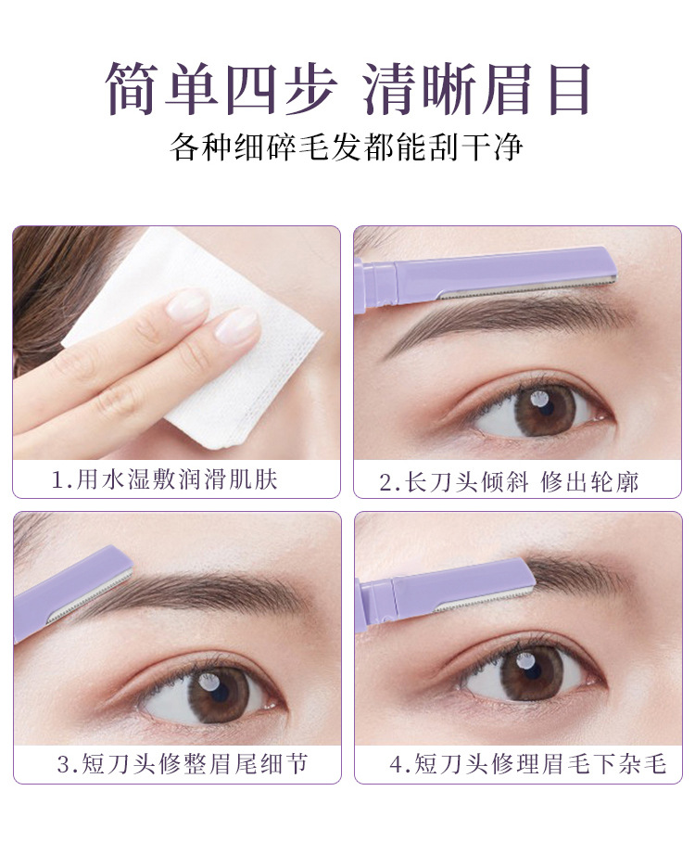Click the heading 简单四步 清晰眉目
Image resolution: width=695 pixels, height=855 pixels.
click(x=347, y=88)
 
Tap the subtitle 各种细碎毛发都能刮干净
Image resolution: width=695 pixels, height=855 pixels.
click(x=347, y=147)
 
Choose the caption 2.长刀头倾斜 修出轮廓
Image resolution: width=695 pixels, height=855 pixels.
click(x=509, y=482)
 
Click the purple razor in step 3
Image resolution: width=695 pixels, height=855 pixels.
click(x=73, y=593)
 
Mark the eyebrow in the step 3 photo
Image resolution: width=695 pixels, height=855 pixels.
click(x=191, y=594)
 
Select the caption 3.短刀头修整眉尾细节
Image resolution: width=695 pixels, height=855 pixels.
click(x=183, y=764)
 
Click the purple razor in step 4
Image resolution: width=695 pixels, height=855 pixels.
click(x=444, y=594)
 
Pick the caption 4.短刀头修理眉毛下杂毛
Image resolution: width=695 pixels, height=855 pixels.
click(x=527, y=764)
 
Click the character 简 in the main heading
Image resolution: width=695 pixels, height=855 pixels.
click(x=133, y=88)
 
